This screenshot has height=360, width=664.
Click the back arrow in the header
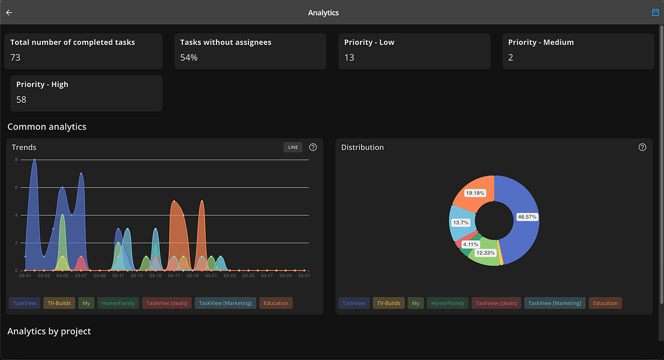tap(9, 13)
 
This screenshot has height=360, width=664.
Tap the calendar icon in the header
tap(655, 13)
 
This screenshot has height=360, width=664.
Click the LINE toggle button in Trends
tap(293, 148)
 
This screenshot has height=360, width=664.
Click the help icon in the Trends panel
tap(313, 148)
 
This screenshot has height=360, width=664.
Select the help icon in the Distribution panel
tap(642, 148)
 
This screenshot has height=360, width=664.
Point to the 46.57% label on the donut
tap(527, 217)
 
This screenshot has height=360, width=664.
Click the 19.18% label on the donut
tap(474, 193)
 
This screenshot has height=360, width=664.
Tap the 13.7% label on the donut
tap(461, 223)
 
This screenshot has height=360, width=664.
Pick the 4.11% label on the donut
tap(470, 245)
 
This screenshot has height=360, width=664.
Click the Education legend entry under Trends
tap(276, 304)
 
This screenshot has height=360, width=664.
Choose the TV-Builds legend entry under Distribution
tap(389, 304)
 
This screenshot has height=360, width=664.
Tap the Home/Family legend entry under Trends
tap(118, 304)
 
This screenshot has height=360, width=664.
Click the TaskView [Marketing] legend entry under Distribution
tap(555, 304)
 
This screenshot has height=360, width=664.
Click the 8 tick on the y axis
tap(16, 160)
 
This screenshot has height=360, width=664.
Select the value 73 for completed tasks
tap(16, 58)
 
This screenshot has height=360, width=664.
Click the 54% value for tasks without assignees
tap(189, 58)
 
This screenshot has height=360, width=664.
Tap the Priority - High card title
tap(42, 85)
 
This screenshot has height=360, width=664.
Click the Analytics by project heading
tap(49, 331)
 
